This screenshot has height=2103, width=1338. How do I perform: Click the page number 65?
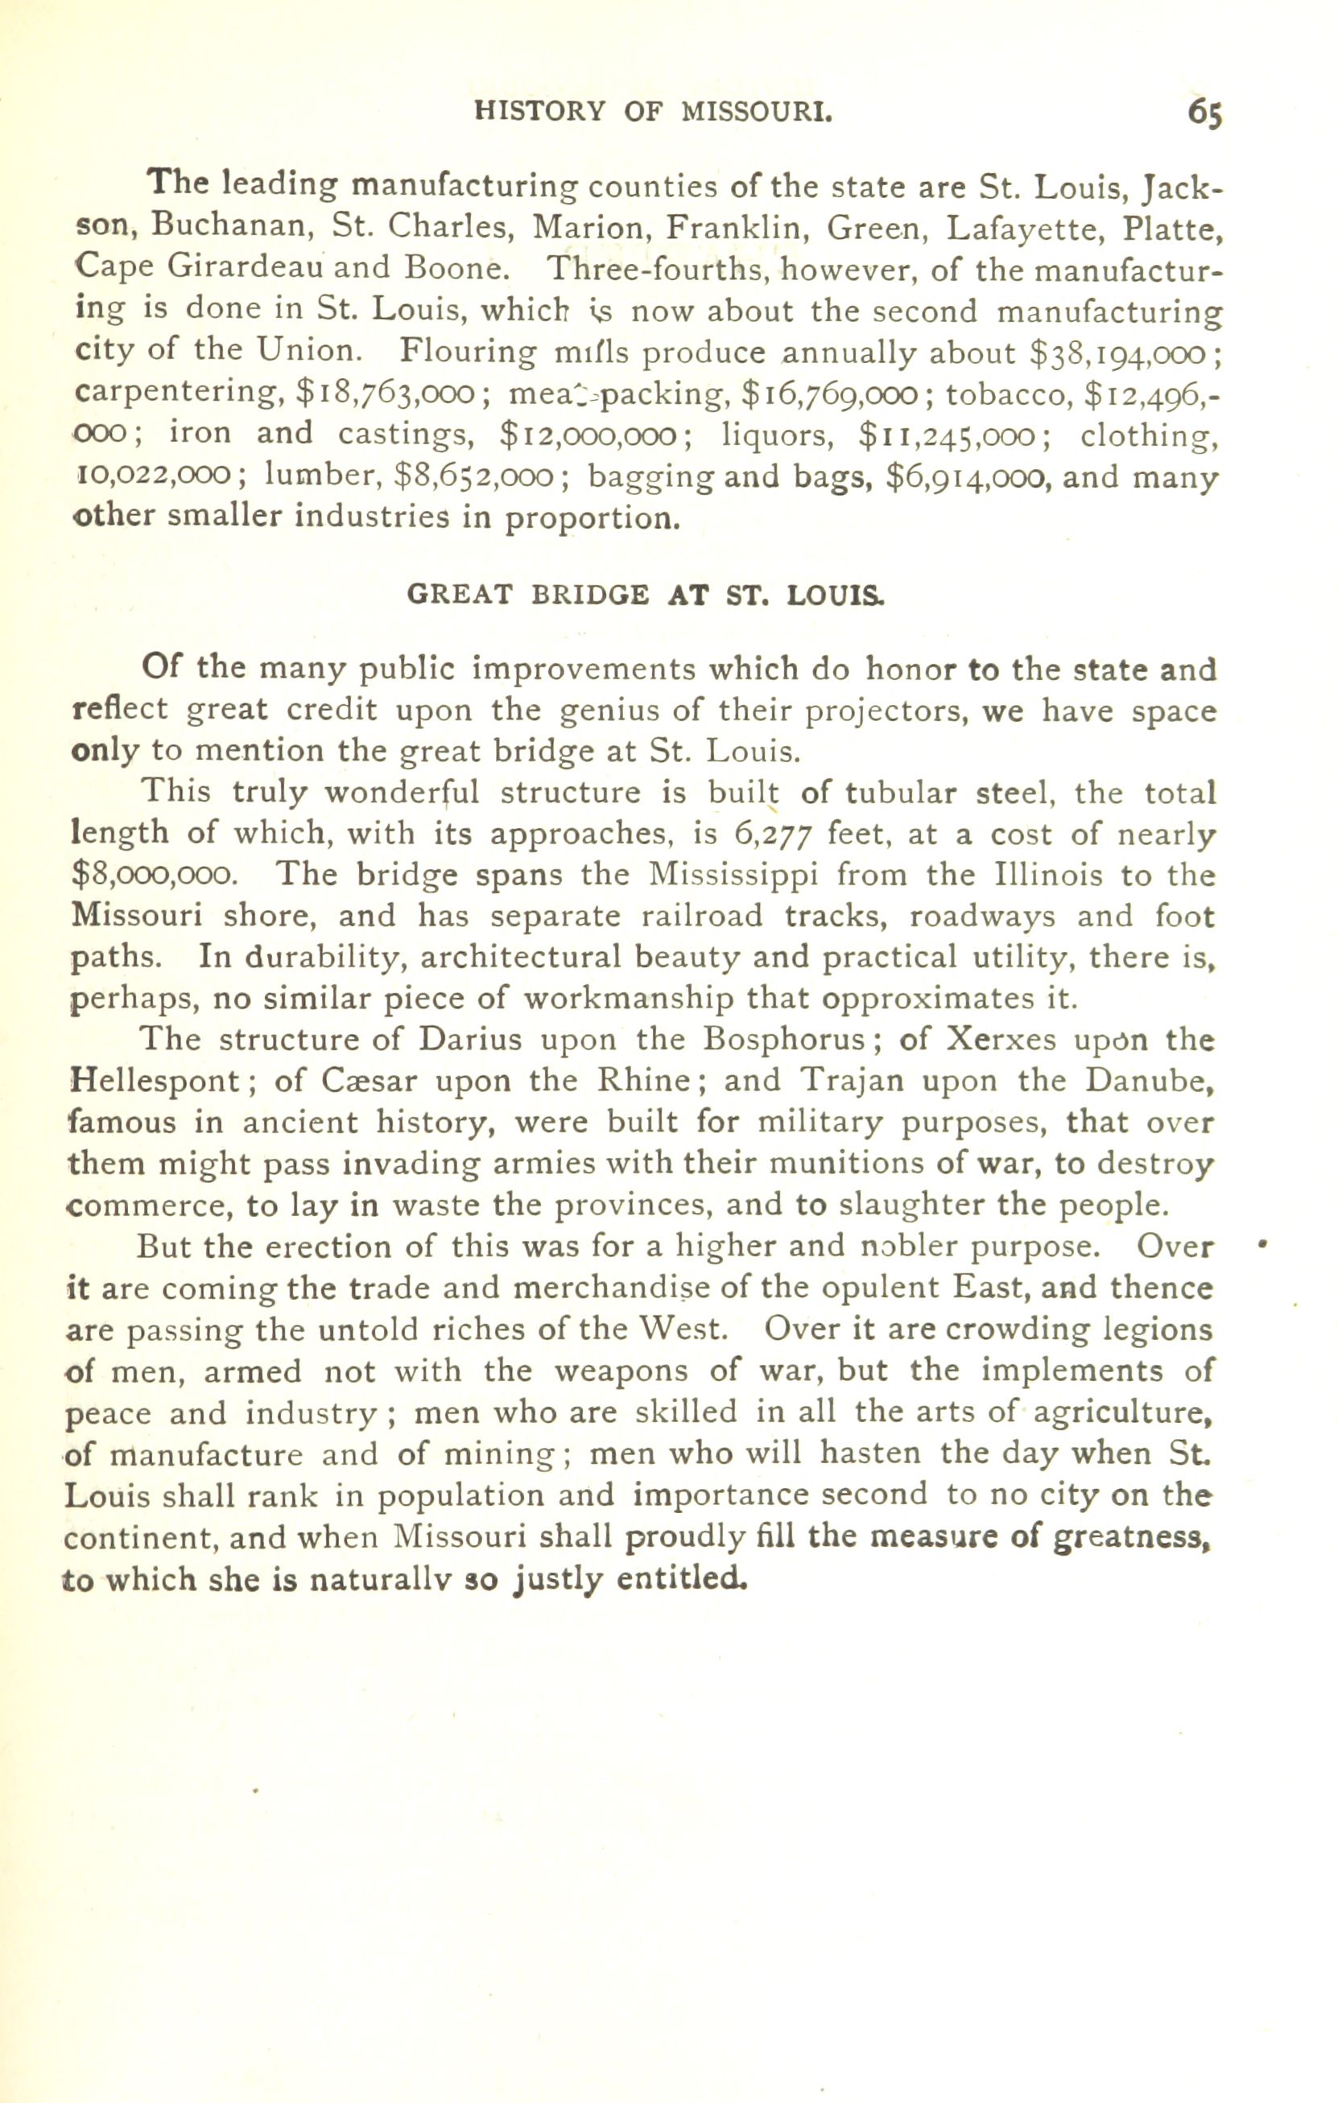coord(1204,113)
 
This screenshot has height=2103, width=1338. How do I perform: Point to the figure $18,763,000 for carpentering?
coord(385,393)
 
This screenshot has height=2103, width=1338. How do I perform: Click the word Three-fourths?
coord(659,269)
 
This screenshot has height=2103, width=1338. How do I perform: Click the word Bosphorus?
coord(785,1040)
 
